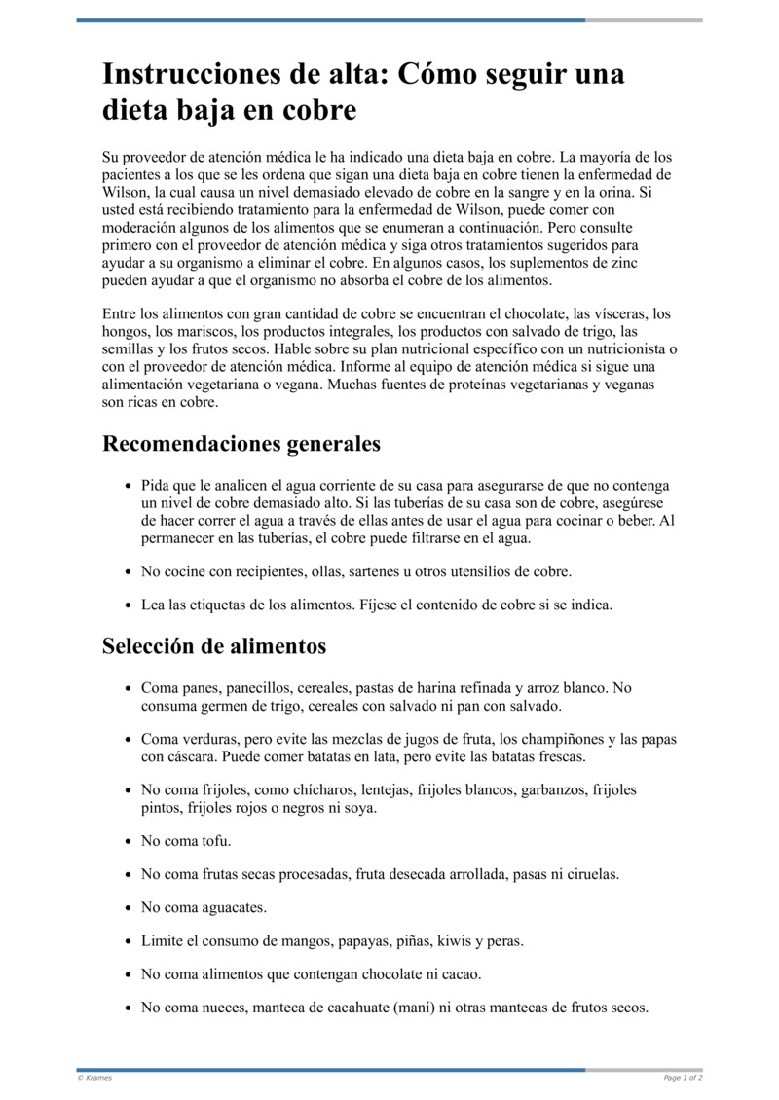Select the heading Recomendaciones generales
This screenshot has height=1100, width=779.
click(x=241, y=444)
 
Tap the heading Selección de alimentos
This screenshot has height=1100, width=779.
click(x=214, y=646)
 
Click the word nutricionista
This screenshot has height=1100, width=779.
click(x=613, y=349)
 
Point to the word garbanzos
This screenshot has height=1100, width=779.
click(x=556, y=790)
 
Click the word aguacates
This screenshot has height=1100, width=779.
click(x=231, y=908)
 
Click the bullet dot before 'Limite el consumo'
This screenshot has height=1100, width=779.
click(x=129, y=942)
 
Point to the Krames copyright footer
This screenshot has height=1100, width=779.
click(x=94, y=1078)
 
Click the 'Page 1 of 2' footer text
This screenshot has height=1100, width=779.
click(x=683, y=1078)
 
